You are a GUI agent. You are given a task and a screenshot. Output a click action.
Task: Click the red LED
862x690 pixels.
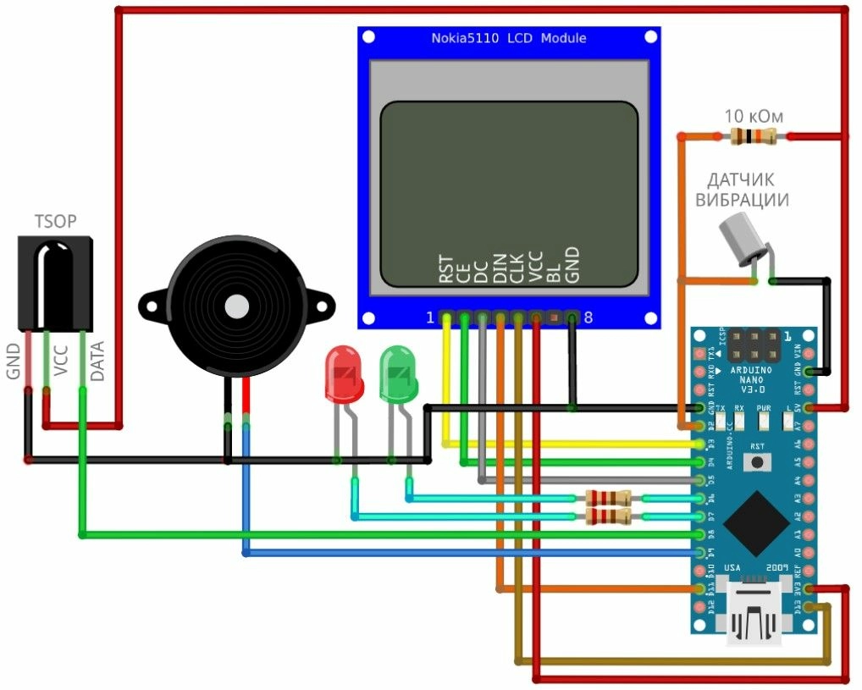pos(344,374)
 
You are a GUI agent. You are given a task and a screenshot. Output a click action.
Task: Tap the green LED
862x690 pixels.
pos(398,374)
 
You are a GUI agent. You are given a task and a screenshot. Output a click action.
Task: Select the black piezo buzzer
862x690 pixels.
pos(235,306)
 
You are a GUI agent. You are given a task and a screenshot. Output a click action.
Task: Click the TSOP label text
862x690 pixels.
pos(55,222)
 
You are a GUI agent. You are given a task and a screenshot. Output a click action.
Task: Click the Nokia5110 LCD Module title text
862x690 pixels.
pos(509,38)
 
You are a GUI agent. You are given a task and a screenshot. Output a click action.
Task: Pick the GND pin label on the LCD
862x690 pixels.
pos(573,264)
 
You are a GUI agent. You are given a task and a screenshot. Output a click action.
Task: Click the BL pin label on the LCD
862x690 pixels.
pos(555,272)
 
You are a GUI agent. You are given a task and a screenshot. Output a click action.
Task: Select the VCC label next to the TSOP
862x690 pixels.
pos(61,363)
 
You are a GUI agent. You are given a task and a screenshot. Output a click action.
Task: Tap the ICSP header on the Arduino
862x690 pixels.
pos(752,345)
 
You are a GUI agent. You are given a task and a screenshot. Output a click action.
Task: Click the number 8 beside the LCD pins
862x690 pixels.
pos(588,318)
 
